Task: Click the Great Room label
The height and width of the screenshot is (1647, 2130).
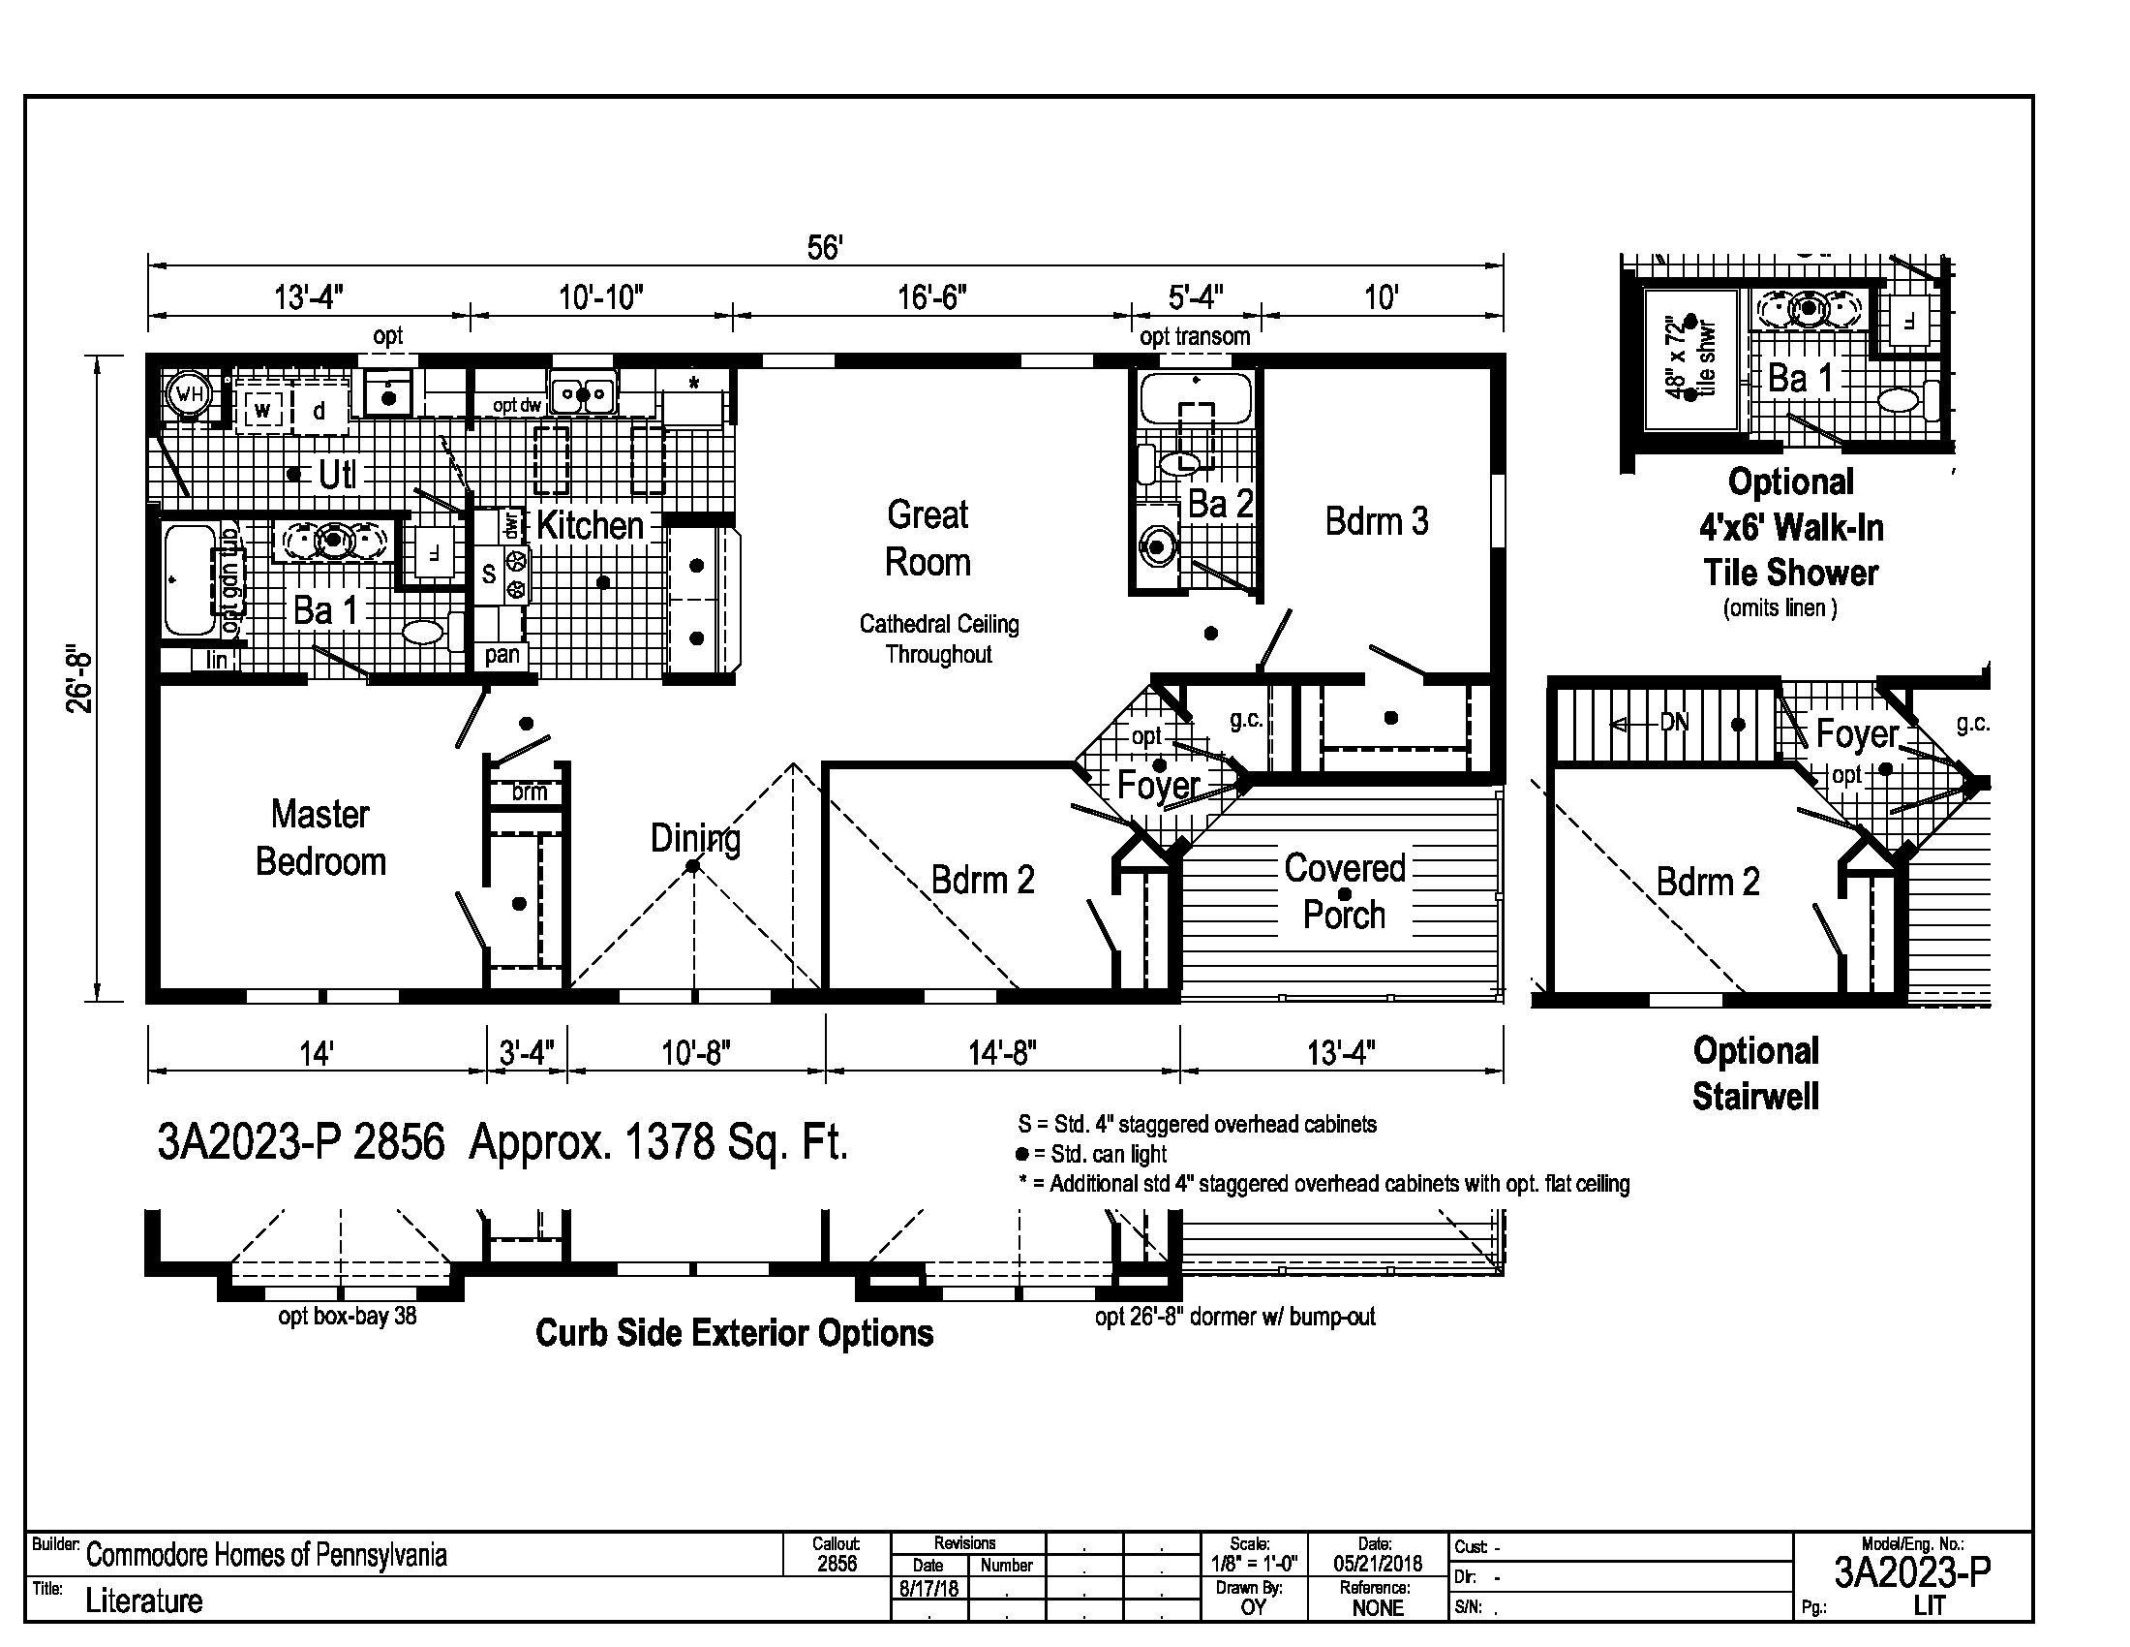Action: coord(928,538)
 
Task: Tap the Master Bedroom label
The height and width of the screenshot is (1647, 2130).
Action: coord(320,837)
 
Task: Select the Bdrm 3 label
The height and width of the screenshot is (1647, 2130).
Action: coord(1376,521)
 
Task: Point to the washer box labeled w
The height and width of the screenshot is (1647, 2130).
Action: coord(262,410)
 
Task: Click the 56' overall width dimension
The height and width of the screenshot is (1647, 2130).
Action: coord(824,248)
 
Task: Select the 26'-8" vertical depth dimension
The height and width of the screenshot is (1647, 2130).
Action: coord(80,677)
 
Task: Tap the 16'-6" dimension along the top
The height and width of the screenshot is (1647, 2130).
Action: coord(931,296)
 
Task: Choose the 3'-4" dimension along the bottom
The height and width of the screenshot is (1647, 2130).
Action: coord(527,1053)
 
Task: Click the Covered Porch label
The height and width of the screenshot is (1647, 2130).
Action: coord(1344,890)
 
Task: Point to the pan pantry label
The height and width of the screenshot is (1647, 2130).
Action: coord(502,655)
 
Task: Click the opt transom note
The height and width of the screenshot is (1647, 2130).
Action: coord(1195,336)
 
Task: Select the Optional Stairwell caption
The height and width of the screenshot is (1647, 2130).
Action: coord(1755,1073)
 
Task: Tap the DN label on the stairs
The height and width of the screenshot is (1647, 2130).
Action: coord(1675,724)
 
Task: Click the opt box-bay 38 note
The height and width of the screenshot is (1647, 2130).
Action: coord(348,1317)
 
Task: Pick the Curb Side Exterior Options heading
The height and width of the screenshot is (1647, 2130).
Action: coord(735,1333)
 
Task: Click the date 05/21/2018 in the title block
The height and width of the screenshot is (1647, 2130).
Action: coord(1377,1564)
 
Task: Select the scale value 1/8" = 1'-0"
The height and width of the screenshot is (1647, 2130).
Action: coord(1254,1564)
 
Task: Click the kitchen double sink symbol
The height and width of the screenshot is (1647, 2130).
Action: coord(582,395)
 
